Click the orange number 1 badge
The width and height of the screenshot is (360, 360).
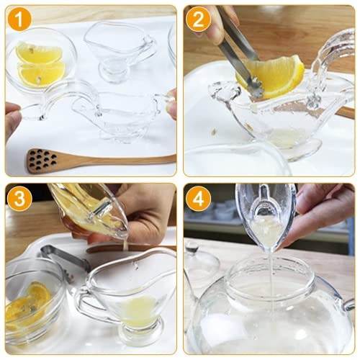click(x=19, y=19)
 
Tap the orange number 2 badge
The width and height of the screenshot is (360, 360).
click(x=198, y=19)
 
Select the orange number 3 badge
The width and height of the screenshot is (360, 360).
click(x=19, y=197)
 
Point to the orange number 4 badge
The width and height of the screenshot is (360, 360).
click(x=198, y=197)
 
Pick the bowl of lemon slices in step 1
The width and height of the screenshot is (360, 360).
click(x=40, y=61)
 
